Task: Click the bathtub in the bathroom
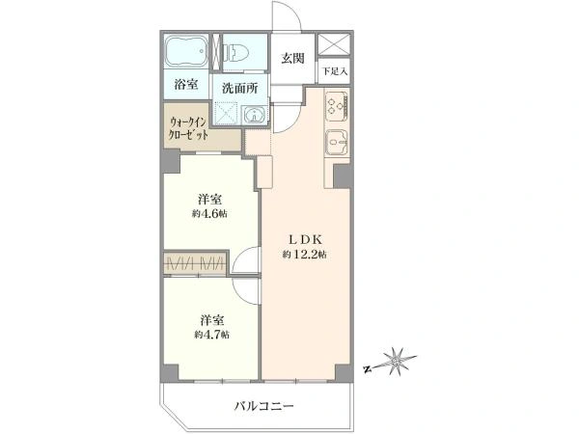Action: [186, 51]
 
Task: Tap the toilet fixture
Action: [236, 52]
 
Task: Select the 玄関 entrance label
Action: [292, 58]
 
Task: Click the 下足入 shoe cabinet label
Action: [334, 71]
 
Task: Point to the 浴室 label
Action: [186, 85]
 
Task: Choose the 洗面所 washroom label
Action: [240, 89]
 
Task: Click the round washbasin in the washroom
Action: [255, 115]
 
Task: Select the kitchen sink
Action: [337, 143]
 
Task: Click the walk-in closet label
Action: [188, 128]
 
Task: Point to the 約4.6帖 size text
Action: [209, 214]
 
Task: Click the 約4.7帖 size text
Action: [211, 335]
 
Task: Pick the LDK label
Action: [305, 240]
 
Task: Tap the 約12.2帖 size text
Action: [305, 255]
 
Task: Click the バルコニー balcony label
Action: [264, 407]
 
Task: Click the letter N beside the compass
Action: [368, 368]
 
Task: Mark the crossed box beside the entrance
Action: [334, 44]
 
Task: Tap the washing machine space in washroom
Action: [227, 113]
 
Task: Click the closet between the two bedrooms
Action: [195, 263]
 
